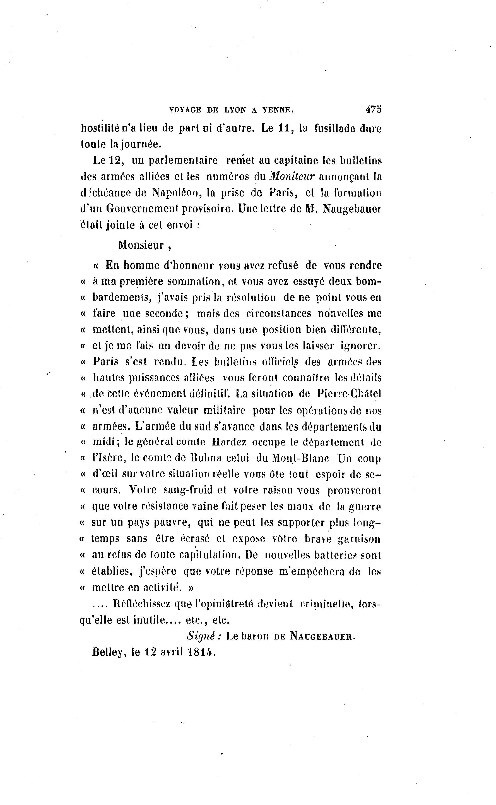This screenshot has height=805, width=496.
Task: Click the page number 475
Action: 373,109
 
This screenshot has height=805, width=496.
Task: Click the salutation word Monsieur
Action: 141,245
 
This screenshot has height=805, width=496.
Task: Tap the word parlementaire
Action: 183,160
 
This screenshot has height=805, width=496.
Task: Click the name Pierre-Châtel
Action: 349,394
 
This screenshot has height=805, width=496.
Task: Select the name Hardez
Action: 229,442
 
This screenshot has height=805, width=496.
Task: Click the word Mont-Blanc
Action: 300,458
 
